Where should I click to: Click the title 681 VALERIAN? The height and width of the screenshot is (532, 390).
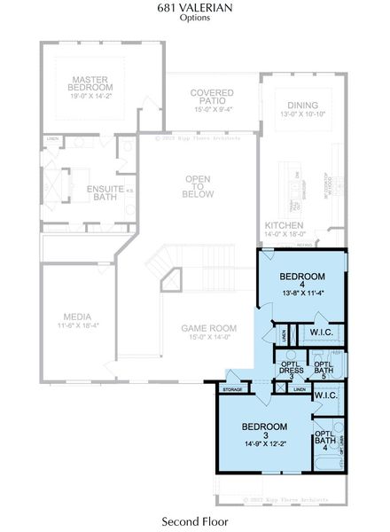click(x=195, y=7)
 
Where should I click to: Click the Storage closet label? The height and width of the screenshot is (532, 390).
click(x=232, y=389)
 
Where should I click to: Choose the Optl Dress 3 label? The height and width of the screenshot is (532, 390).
click(x=292, y=369)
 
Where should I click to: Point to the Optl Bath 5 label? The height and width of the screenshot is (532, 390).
click(x=324, y=369)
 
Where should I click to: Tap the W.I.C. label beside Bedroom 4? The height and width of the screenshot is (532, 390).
click(x=320, y=333)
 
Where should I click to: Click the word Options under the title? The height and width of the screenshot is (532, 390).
click(x=195, y=17)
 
